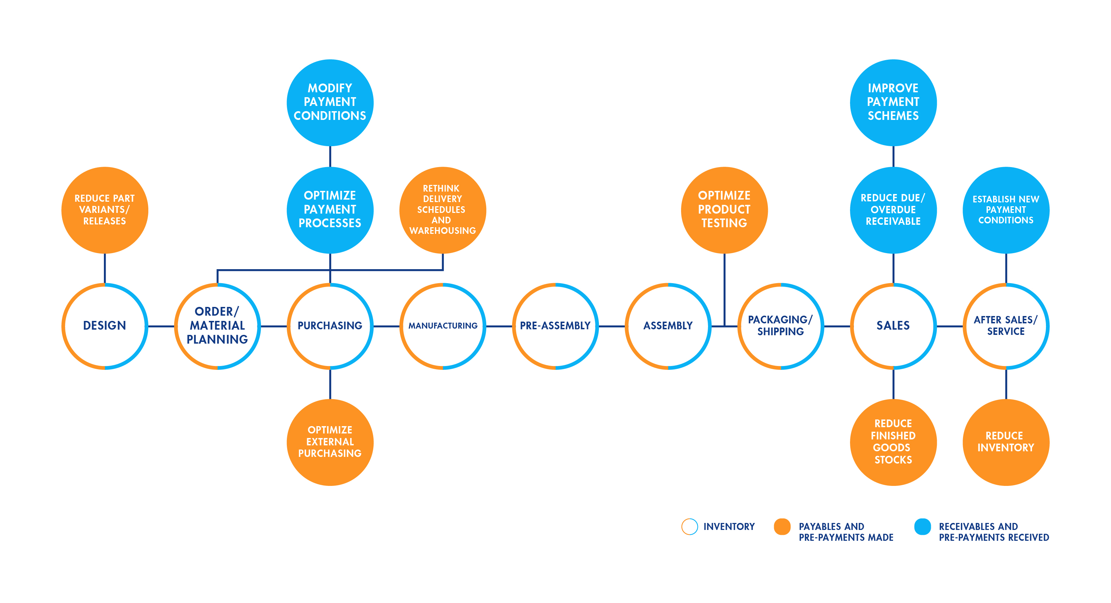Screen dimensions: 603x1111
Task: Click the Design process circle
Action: click(105, 326)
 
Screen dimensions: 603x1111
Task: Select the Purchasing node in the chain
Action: click(330, 326)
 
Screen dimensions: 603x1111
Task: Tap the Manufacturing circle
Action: click(443, 326)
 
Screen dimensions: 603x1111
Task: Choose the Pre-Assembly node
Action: click(555, 326)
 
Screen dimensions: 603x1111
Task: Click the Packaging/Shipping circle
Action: click(781, 326)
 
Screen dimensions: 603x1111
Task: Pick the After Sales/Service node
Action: click(1006, 326)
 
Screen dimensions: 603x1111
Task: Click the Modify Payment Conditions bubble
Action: click(330, 102)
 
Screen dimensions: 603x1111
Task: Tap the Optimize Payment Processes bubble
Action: click(330, 210)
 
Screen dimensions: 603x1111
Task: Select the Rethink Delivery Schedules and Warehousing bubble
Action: click(443, 210)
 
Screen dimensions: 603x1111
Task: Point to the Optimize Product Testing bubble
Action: click(724, 210)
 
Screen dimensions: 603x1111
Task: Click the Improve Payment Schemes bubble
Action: click(893, 102)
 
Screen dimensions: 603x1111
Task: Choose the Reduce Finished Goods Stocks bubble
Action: click(893, 442)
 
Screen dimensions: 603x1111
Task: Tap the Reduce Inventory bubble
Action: click(1006, 442)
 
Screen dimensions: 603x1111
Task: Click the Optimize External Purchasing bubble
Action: click(330, 442)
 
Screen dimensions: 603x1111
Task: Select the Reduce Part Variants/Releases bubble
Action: click(105, 210)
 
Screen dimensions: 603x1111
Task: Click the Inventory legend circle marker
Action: click(689, 526)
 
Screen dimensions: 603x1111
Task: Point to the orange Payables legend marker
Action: click(782, 526)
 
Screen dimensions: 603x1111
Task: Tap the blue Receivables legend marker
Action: click(922, 526)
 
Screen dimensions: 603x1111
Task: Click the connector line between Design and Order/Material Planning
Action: click(161, 326)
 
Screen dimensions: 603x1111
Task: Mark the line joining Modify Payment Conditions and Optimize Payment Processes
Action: click(330, 157)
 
